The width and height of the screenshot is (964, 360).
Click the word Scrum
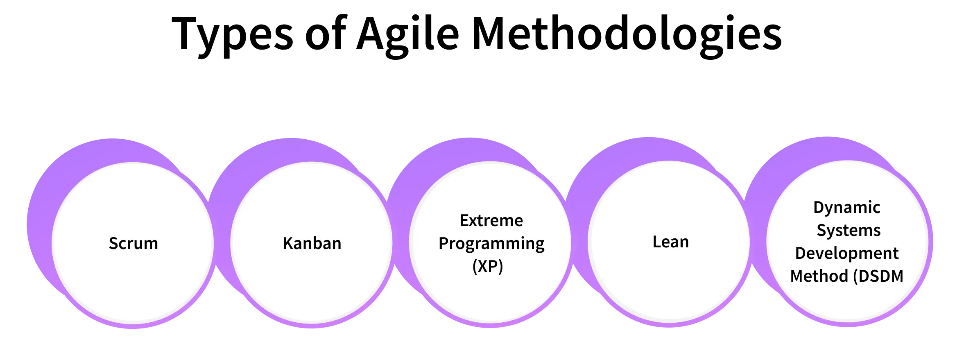click(x=133, y=243)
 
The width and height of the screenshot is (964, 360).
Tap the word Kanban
click(x=312, y=243)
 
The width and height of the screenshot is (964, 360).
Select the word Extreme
click(x=491, y=221)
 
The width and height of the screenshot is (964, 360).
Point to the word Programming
click(x=491, y=244)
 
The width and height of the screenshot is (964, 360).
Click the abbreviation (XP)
click(x=487, y=267)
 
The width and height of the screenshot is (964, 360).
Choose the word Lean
click(x=670, y=242)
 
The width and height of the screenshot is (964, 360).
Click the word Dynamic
click(x=846, y=208)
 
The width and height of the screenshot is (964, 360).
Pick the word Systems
click(x=849, y=231)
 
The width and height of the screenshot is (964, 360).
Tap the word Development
click(x=846, y=254)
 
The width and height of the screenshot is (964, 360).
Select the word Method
click(x=819, y=276)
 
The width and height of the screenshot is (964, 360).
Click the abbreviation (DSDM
click(x=878, y=276)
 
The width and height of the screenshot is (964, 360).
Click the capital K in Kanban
click(x=287, y=243)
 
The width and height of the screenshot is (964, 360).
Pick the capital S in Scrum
click(x=113, y=243)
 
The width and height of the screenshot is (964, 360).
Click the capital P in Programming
click(x=444, y=243)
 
